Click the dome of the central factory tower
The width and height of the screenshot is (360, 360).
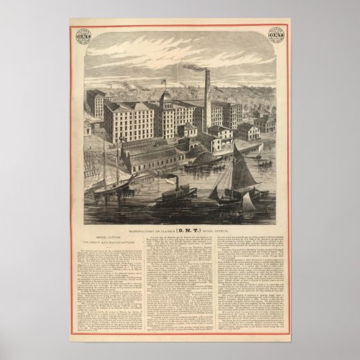tap(166, 97)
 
